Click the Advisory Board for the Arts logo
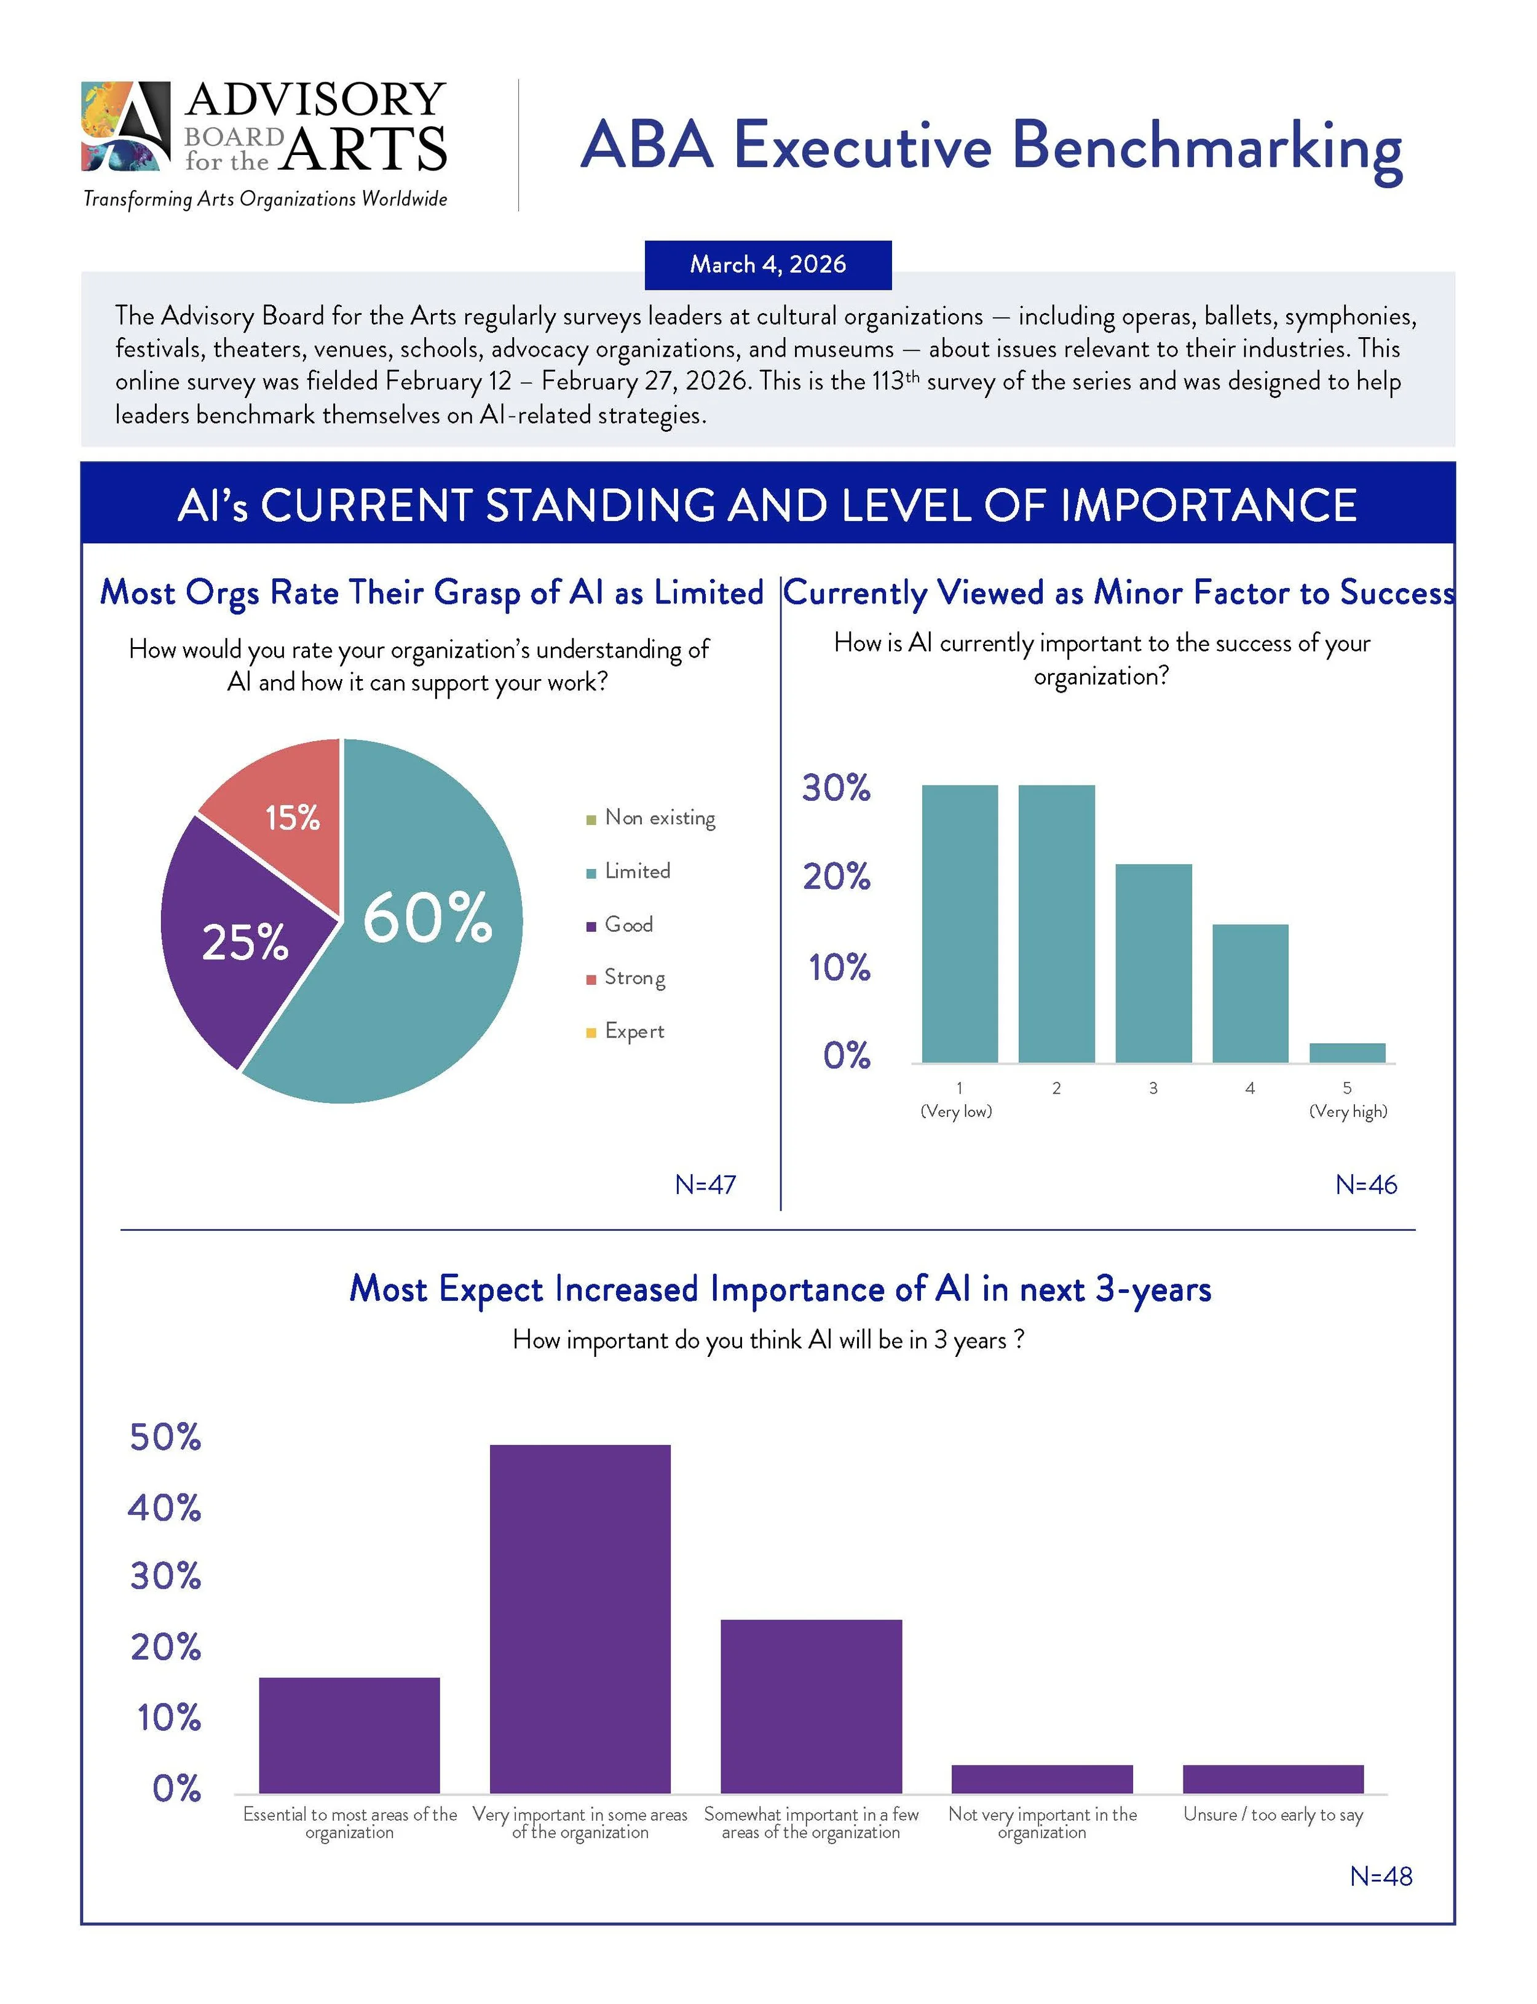pos(264,128)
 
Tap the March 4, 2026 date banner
pos(768,264)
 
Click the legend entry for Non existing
pos(658,817)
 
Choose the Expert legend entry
pos(633,1032)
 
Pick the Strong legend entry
pos(633,977)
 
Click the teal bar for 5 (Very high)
pos(1346,1052)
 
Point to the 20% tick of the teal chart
pos(836,877)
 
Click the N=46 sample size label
pos(1366,1185)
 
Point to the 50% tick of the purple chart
pos(165,1437)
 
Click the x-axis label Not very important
pos(1042,1823)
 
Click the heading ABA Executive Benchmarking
pos(991,146)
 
